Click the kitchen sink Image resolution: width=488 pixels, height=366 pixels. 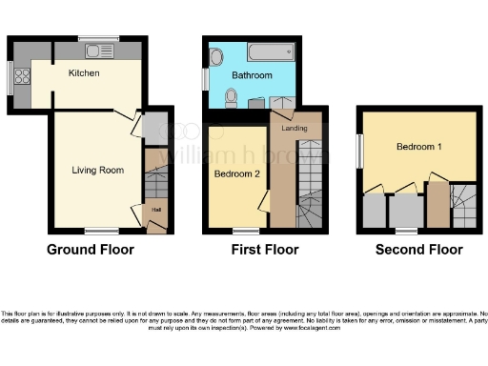point(98,50)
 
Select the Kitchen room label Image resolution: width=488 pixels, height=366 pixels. point(86,72)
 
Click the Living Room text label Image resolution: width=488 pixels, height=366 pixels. point(99,171)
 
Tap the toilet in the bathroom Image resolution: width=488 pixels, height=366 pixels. point(230,97)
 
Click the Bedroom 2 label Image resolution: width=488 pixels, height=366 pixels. point(236,174)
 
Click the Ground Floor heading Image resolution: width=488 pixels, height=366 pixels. point(91,250)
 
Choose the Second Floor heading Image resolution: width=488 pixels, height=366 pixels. point(418,250)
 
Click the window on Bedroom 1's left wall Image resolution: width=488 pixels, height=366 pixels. point(359,149)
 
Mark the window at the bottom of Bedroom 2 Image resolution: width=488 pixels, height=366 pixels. point(246,230)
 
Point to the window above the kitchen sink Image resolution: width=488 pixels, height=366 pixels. point(98,37)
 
